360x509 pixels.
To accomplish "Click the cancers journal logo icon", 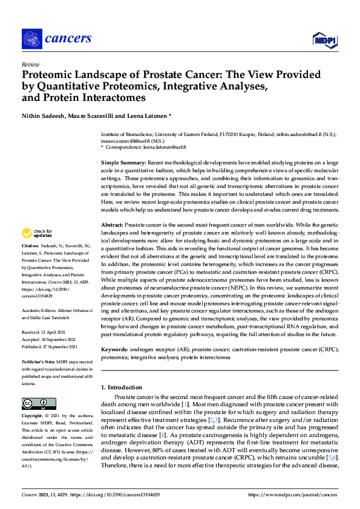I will coord(31,39).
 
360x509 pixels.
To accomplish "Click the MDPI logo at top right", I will coord(324,40).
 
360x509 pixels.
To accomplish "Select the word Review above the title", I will coord(30,63).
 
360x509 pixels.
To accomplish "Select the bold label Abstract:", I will coord(113,224).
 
